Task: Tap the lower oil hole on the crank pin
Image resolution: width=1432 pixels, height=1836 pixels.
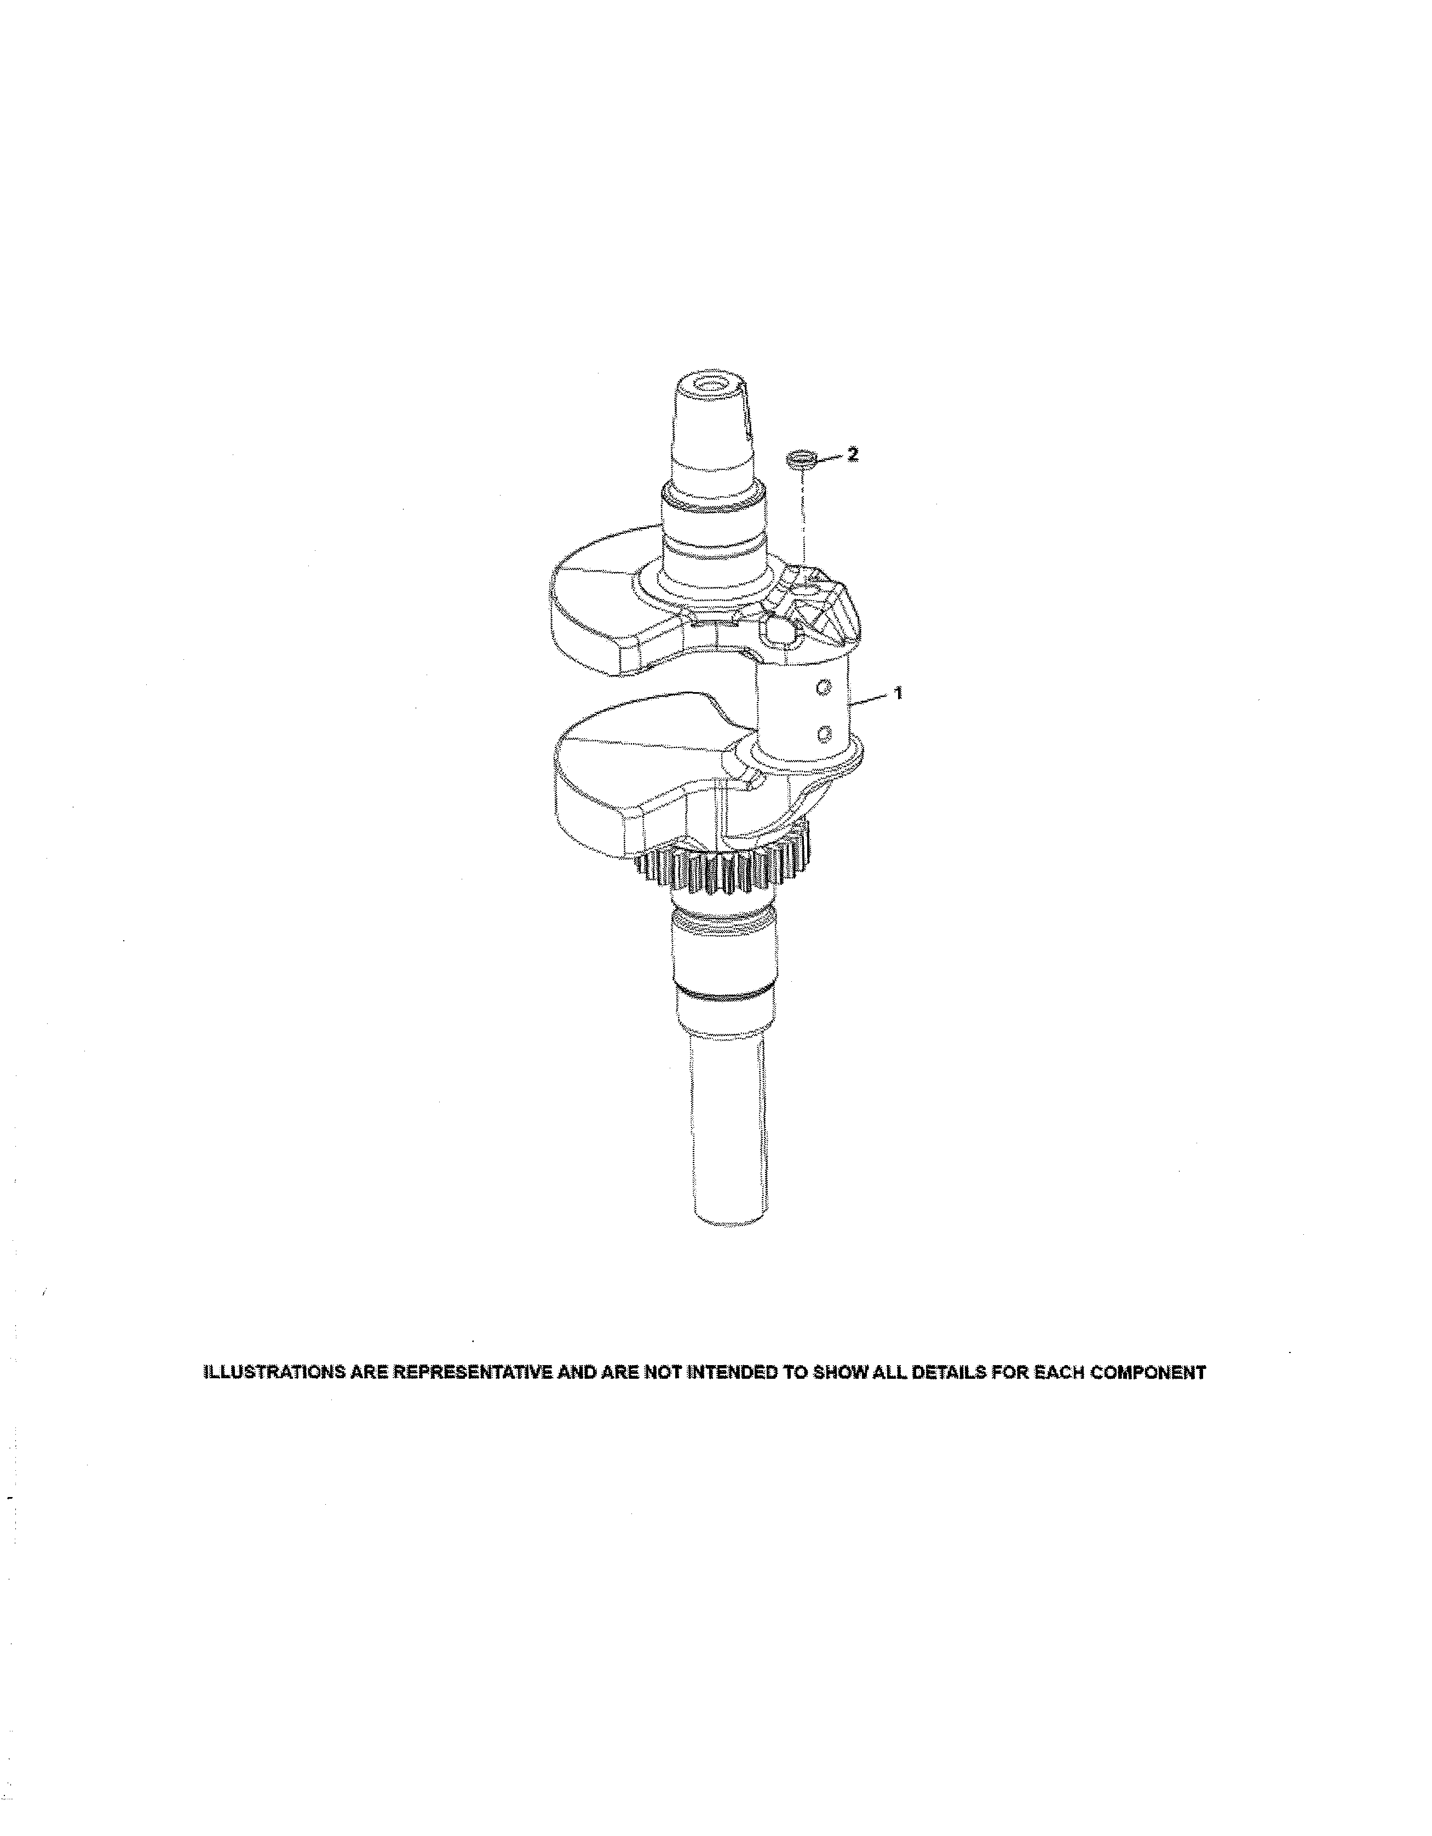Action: point(825,735)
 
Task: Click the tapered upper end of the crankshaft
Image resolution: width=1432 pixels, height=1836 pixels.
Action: point(713,429)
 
